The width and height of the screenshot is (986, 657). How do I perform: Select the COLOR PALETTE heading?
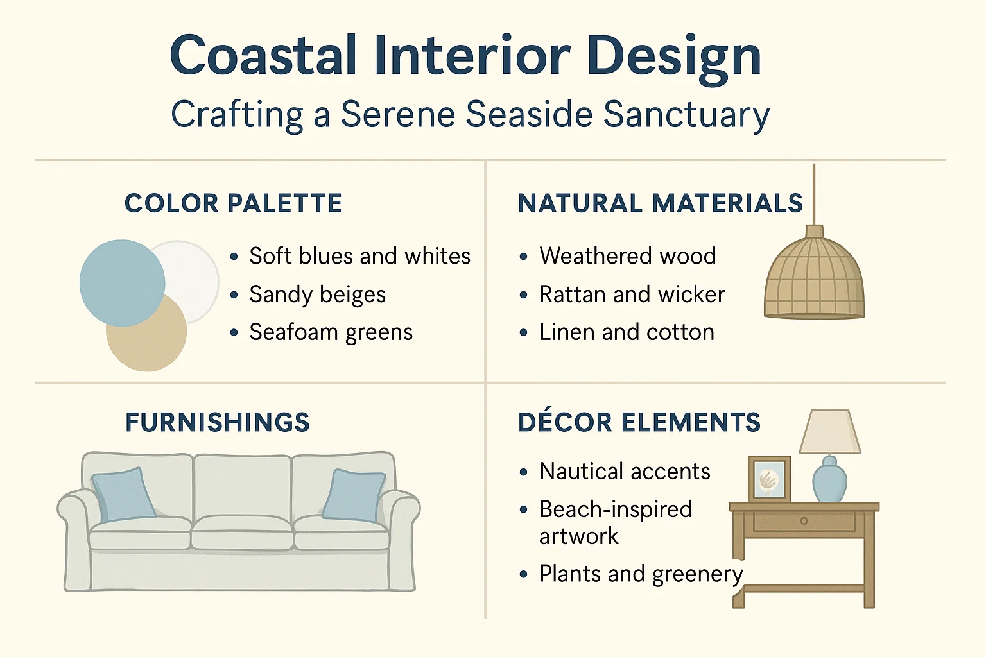point(233,203)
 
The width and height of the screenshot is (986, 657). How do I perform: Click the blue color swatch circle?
point(121,282)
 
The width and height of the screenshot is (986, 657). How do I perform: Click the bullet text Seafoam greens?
point(331,332)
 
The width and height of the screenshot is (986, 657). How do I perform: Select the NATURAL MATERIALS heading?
point(660,203)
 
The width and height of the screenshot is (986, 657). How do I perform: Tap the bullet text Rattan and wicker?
point(632,294)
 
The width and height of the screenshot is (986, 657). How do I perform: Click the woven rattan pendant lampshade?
point(814,279)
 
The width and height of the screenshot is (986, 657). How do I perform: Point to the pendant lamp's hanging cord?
point(814,192)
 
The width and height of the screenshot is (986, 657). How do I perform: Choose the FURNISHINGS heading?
point(218,423)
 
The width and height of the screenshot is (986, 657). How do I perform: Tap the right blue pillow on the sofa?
point(354,495)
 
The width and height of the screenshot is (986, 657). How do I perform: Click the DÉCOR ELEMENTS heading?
point(639,423)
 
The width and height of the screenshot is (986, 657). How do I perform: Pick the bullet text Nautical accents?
point(625,472)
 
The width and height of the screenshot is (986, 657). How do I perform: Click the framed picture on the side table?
point(769,479)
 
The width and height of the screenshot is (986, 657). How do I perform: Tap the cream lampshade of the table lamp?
point(829,432)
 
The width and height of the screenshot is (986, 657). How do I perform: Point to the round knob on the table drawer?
point(804,521)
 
